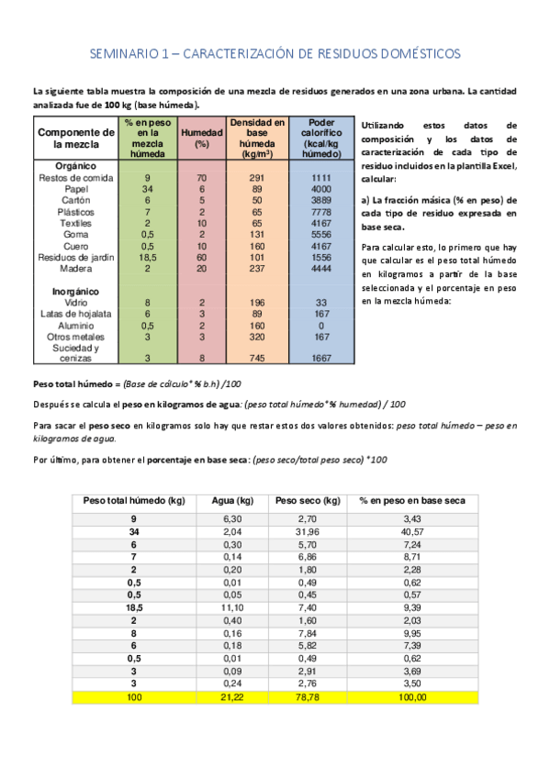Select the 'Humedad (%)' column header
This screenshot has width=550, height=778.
[x=202, y=138]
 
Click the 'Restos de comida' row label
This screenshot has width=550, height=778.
[x=76, y=177]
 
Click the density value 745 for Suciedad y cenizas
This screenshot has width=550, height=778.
[x=257, y=358]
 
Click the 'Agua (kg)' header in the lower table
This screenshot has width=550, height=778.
[x=232, y=501]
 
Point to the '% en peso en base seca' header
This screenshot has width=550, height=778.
[x=412, y=501]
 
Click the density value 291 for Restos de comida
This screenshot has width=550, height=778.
[x=257, y=177]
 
